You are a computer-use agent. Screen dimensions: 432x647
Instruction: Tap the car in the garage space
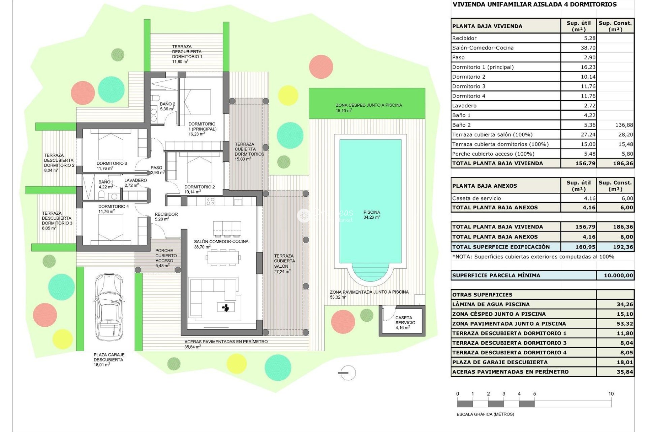109,307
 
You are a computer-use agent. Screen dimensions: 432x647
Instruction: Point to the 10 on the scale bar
611,394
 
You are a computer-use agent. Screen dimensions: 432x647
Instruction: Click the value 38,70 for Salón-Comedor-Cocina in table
588,48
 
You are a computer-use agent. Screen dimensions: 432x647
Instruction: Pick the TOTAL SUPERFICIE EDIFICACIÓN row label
501,247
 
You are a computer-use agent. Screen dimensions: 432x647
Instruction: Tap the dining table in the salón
223,258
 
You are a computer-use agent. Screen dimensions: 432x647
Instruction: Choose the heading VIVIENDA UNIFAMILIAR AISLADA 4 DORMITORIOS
534,4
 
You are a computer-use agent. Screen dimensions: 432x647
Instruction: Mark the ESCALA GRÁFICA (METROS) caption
485,414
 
